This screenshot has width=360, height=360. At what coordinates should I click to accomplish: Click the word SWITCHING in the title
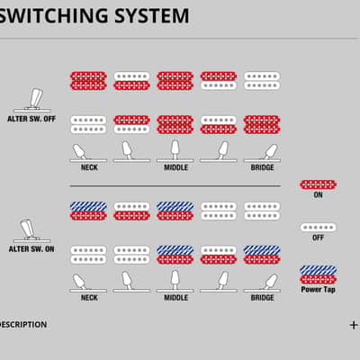[53, 15]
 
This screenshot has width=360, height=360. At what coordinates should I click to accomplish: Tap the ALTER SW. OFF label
[31, 119]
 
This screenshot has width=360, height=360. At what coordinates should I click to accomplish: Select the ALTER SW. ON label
[31, 249]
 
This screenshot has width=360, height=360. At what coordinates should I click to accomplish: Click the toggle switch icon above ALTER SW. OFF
[32, 100]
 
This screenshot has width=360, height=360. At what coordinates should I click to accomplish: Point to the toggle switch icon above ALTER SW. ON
[31, 230]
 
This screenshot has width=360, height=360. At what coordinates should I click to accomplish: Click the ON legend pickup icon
[318, 184]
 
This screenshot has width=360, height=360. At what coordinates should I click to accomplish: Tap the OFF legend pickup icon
[318, 228]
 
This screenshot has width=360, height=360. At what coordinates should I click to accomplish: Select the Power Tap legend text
[318, 290]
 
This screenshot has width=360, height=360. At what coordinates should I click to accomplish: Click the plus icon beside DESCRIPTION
[354, 325]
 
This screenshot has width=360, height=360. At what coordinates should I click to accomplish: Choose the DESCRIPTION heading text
[23, 325]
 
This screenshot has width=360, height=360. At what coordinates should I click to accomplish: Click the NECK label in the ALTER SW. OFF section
[89, 167]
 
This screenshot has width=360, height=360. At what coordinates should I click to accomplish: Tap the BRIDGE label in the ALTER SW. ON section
[262, 298]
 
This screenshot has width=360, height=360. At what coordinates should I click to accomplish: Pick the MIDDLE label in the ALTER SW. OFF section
[175, 167]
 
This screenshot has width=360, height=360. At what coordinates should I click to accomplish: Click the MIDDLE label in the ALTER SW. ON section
[175, 298]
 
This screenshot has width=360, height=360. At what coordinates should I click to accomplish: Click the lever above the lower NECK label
[79, 282]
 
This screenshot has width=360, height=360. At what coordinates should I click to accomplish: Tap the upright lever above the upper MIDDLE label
[175, 149]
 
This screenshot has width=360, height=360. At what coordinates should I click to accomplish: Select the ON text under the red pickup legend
[318, 195]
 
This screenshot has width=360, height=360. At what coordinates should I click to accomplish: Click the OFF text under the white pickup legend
[318, 238]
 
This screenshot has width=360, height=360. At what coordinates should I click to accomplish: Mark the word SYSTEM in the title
[152, 15]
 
